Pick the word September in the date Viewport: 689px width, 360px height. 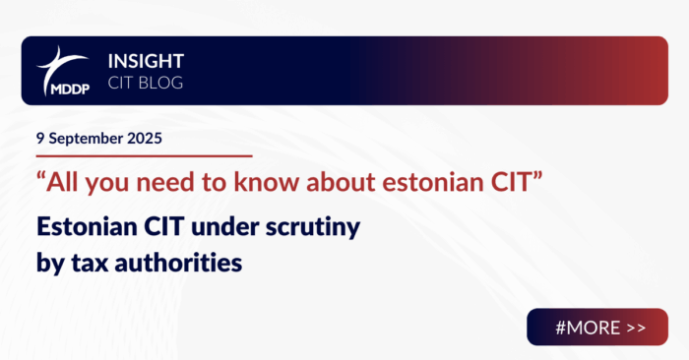[x=87, y=139]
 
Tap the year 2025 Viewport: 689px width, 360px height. [x=146, y=139]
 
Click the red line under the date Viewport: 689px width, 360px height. [x=143, y=155]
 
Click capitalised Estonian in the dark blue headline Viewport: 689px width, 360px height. [x=82, y=229]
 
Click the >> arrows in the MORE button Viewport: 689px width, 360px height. [x=636, y=327]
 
